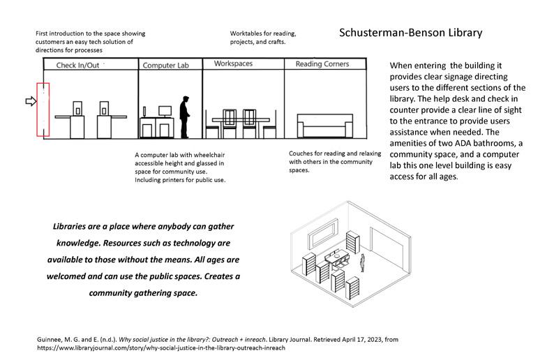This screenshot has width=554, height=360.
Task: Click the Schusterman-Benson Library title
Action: [x=410, y=33]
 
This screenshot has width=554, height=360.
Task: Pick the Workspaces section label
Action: [x=228, y=64]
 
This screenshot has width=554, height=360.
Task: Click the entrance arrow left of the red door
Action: [x=29, y=102]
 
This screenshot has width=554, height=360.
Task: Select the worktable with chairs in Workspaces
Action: [x=241, y=122]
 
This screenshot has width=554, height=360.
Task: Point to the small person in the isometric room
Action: [x=362, y=262]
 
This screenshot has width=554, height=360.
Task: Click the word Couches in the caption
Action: [x=303, y=153]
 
